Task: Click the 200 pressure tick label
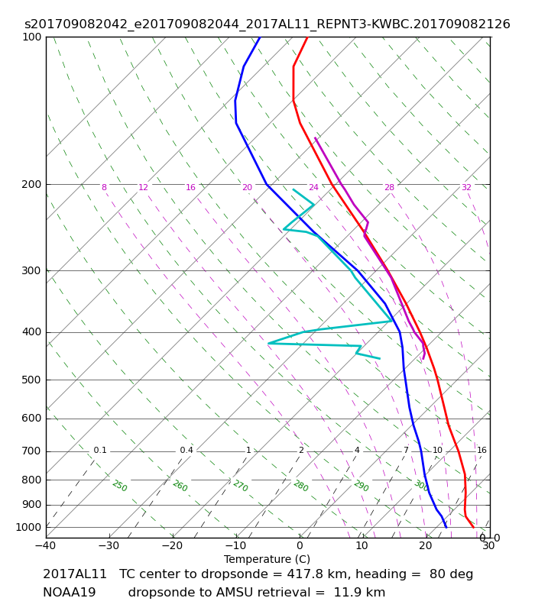[31, 184]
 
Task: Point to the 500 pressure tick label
[31, 380]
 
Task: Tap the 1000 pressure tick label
[28, 527]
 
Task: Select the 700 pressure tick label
[31, 451]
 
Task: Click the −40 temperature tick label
[46, 545]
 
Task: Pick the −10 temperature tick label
[236, 545]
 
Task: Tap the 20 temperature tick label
[426, 545]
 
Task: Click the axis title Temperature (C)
[267, 559]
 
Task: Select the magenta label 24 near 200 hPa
[313, 187]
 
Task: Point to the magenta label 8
[104, 187]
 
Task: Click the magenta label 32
[466, 187]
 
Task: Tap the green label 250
[120, 486]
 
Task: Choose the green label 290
[361, 486]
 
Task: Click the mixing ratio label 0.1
[100, 450]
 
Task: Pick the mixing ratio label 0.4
[186, 450]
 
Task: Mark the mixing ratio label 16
[481, 450]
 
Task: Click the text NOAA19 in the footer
[69, 593]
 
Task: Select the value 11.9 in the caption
[347, 593]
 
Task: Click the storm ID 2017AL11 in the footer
[74, 574]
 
